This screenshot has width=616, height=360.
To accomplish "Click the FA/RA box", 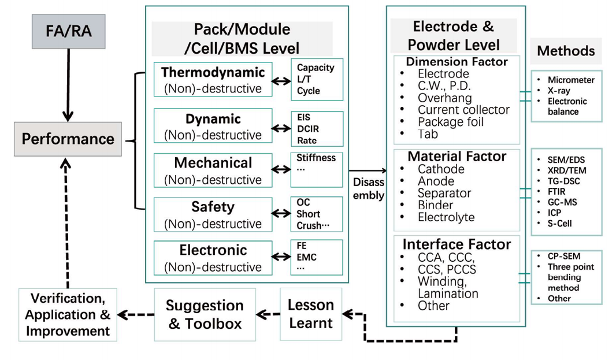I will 68,31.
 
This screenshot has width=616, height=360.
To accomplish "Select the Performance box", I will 68,139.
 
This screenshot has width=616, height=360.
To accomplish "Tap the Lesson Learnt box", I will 311,314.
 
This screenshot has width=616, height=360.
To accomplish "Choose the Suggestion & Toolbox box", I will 205,314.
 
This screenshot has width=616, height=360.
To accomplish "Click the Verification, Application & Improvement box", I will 68,314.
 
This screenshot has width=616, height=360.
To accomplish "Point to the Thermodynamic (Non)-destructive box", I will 213,80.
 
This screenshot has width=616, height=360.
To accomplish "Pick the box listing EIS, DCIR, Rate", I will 317,129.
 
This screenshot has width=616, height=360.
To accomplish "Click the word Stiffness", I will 316,157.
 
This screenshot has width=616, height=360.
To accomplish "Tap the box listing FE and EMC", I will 317,257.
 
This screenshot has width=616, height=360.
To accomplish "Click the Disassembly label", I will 368,189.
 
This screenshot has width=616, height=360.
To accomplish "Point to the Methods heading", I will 566,51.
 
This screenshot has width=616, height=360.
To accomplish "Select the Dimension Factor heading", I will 457,61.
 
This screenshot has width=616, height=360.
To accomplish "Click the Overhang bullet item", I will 444,98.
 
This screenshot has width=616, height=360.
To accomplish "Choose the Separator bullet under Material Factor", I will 444,193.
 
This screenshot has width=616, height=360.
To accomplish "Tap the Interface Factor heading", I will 457,244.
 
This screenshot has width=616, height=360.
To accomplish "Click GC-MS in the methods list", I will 562,202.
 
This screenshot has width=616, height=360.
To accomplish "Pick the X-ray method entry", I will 559,91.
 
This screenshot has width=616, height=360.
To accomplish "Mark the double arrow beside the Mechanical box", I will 281,169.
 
